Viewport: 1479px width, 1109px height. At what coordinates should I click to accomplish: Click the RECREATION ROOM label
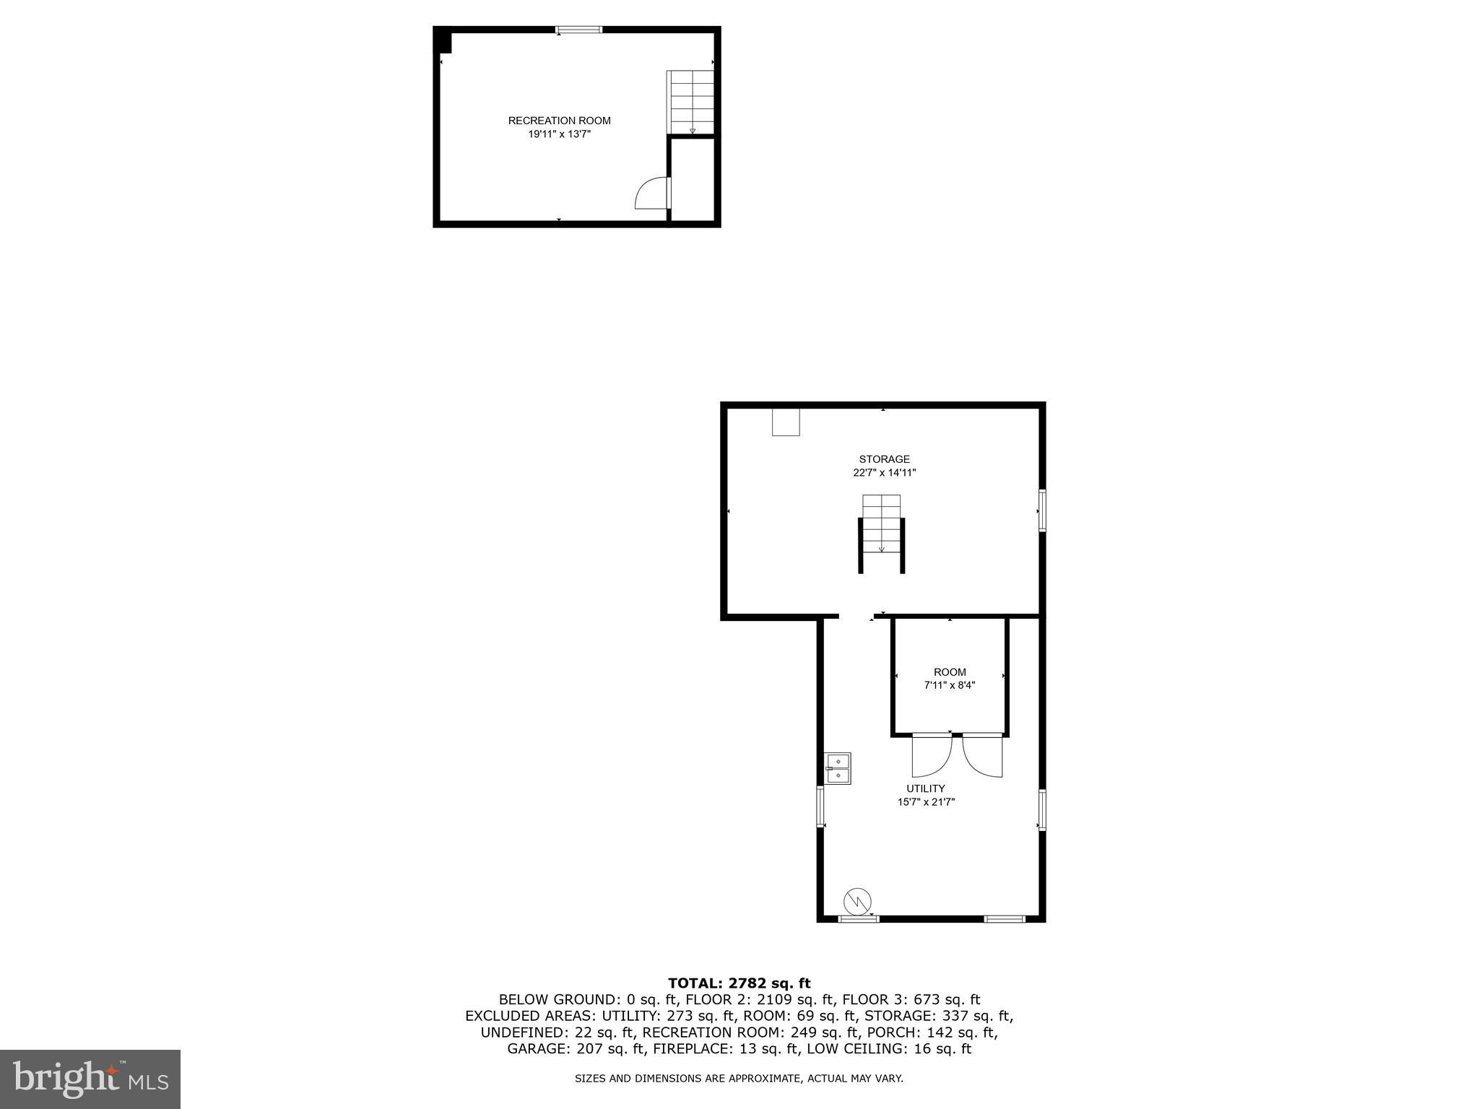[x=559, y=121]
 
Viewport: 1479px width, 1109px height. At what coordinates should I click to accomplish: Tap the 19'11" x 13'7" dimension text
[x=559, y=134]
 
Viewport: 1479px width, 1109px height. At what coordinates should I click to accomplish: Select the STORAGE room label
[x=884, y=459]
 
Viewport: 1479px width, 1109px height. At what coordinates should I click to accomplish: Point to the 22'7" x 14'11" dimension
[x=884, y=473]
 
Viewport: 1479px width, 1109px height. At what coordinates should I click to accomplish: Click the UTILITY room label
[x=926, y=788]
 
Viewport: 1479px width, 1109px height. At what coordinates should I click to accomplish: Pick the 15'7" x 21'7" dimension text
[x=926, y=801]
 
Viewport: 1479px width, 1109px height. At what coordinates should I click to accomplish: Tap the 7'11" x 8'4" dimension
[x=950, y=685]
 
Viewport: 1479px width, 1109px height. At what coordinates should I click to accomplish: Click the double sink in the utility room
[x=838, y=768]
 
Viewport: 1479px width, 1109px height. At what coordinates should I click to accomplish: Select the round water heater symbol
[x=857, y=901]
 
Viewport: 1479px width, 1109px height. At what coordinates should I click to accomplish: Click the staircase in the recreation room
[x=691, y=102]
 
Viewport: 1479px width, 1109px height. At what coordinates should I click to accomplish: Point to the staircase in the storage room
[x=881, y=526]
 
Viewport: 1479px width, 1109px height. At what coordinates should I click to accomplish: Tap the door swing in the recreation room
[x=652, y=193]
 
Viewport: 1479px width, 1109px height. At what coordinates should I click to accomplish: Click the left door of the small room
[x=932, y=756]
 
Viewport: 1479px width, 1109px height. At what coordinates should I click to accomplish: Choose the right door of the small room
[x=982, y=756]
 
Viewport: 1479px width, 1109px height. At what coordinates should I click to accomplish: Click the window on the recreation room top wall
[x=578, y=30]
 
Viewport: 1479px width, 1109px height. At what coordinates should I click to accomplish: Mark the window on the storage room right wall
[x=1042, y=510]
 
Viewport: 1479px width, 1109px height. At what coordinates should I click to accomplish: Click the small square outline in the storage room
[x=786, y=422]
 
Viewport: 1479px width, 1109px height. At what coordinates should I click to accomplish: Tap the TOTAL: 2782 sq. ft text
[x=739, y=983]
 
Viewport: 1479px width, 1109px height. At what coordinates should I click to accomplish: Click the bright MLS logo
[x=90, y=1079]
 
